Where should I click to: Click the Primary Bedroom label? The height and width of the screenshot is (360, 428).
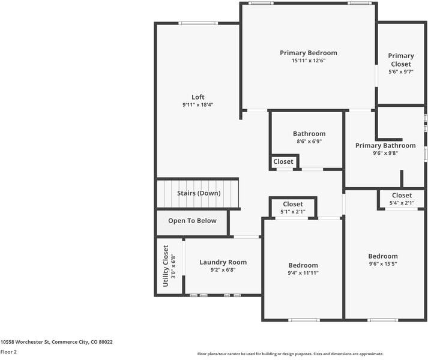coord(308,53)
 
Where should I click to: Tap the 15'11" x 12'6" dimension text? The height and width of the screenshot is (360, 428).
coord(308,61)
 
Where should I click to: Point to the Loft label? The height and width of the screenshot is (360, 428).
coord(198,97)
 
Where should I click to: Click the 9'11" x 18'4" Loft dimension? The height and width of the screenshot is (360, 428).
coord(198,105)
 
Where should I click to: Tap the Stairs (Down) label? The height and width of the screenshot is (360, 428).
coord(198,193)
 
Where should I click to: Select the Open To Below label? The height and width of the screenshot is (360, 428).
coord(192,221)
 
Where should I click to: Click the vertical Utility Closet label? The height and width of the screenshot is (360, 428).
coord(166,266)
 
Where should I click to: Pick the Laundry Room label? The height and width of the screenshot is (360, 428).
coord(223,262)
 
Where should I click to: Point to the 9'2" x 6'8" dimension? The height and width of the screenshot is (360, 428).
coord(223,270)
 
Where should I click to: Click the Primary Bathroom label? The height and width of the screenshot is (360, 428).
coord(385,145)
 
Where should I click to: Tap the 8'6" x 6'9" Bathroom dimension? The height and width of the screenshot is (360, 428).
coord(309,142)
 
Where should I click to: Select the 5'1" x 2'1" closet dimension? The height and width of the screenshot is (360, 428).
coord(292,212)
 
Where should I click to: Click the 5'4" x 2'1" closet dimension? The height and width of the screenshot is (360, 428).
coord(402,203)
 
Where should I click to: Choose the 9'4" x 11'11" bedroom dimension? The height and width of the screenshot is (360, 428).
coord(303,273)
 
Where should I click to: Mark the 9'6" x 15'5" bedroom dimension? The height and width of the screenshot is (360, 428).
coord(383,264)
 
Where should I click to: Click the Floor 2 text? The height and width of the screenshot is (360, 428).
coord(8,352)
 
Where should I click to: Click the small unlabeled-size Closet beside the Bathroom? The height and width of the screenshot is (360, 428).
coord(283,162)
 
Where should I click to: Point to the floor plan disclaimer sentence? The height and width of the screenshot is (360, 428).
coord(290,354)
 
